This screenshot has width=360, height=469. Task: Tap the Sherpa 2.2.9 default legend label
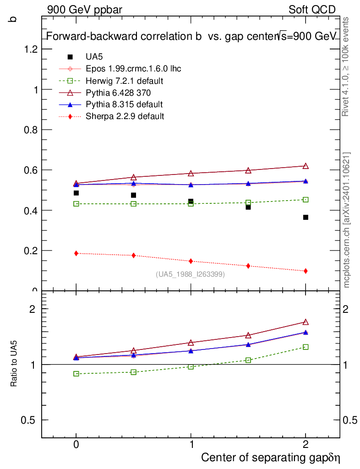click(x=125, y=116)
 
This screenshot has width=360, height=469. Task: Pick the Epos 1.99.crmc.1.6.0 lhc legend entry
click(x=133, y=69)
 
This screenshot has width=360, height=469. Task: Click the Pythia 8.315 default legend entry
click(x=124, y=104)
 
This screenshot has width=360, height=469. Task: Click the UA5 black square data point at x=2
click(x=305, y=217)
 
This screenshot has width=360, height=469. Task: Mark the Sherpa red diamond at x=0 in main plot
click(x=76, y=253)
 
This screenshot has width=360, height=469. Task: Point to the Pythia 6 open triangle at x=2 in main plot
click(x=305, y=166)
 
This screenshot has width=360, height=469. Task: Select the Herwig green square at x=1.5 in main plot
click(x=248, y=202)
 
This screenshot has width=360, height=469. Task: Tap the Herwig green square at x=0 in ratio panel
click(x=76, y=374)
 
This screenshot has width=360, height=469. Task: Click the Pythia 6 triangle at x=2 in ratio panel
click(x=305, y=322)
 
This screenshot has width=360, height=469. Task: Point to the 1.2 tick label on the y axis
click(x=29, y=49)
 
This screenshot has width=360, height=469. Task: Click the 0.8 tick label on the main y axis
click(x=29, y=130)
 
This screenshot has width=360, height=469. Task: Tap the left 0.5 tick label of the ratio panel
click(x=29, y=420)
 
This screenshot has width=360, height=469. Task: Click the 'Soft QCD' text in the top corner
click(x=312, y=10)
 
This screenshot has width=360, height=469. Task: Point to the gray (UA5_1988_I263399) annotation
click(x=191, y=274)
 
